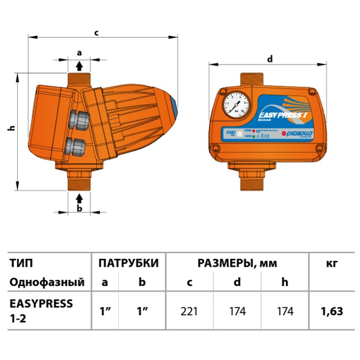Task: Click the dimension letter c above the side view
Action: pyautogui.click(x=96, y=32)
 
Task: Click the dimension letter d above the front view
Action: pyautogui.click(x=270, y=59)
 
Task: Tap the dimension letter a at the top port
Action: pyautogui.click(x=79, y=52)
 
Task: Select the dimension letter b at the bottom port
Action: pyautogui.click(x=80, y=207)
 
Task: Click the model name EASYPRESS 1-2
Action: pyautogui.click(x=41, y=310)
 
